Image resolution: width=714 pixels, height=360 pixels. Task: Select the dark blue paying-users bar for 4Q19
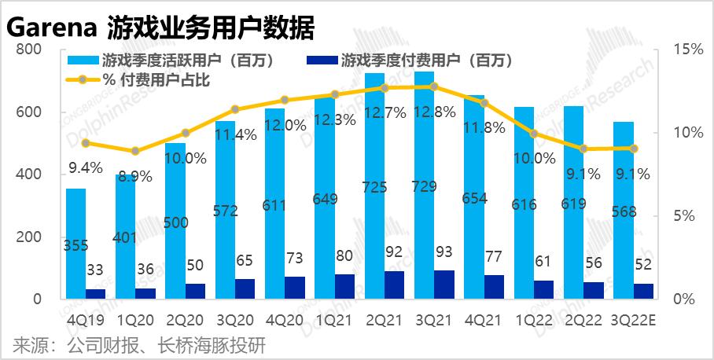coord(96,294)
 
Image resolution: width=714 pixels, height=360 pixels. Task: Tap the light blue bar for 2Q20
coord(175,220)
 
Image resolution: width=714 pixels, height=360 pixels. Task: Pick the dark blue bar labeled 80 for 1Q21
coord(344,287)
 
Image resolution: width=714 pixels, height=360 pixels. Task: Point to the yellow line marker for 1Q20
coord(136,151)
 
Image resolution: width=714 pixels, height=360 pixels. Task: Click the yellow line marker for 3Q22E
coord(634,148)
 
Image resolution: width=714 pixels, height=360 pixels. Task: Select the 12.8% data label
coord(434,112)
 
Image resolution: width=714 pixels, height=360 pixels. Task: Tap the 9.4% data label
coord(84,166)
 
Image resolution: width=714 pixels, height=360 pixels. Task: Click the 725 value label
coord(374,187)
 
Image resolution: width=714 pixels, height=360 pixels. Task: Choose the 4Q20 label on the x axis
coord(285,321)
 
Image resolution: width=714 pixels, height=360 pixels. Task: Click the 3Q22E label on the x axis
coord(634,321)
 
